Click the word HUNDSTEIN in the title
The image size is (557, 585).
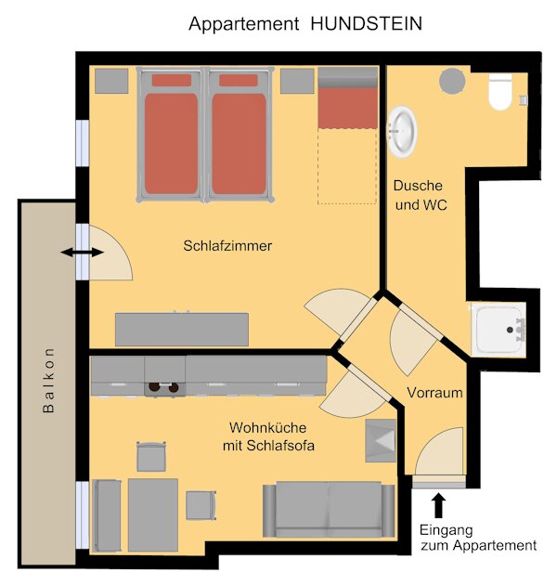[x=366, y=24]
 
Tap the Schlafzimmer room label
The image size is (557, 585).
[x=227, y=246]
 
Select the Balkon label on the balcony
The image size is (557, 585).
[x=48, y=380]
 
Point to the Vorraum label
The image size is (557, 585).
[x=434, y=393]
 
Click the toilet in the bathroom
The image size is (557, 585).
[x=500, y=92]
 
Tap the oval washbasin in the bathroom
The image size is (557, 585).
[x=402, y=131]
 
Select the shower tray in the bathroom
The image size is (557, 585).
[x=499, y=330]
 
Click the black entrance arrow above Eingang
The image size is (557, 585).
[x=438, y=505]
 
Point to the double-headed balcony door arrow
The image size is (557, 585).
[x=82, y=253]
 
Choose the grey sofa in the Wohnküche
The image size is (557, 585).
[x=329, y=510]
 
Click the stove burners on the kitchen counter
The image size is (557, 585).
[x=163, y=387]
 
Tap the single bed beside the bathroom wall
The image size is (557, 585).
[x=348, y=97]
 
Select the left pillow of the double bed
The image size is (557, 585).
[x=172, y=80]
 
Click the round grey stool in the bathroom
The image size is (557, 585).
[x=452, y=81]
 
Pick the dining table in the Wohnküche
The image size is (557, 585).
[x=153, y=515]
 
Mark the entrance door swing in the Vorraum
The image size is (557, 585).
[x=440, y=451]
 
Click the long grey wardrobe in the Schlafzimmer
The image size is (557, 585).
[x=182, y=330]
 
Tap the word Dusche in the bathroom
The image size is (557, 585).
[x=418, y=186]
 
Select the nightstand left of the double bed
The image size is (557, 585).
[x=111, y=81]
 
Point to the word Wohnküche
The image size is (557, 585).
[x=268, y=427]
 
